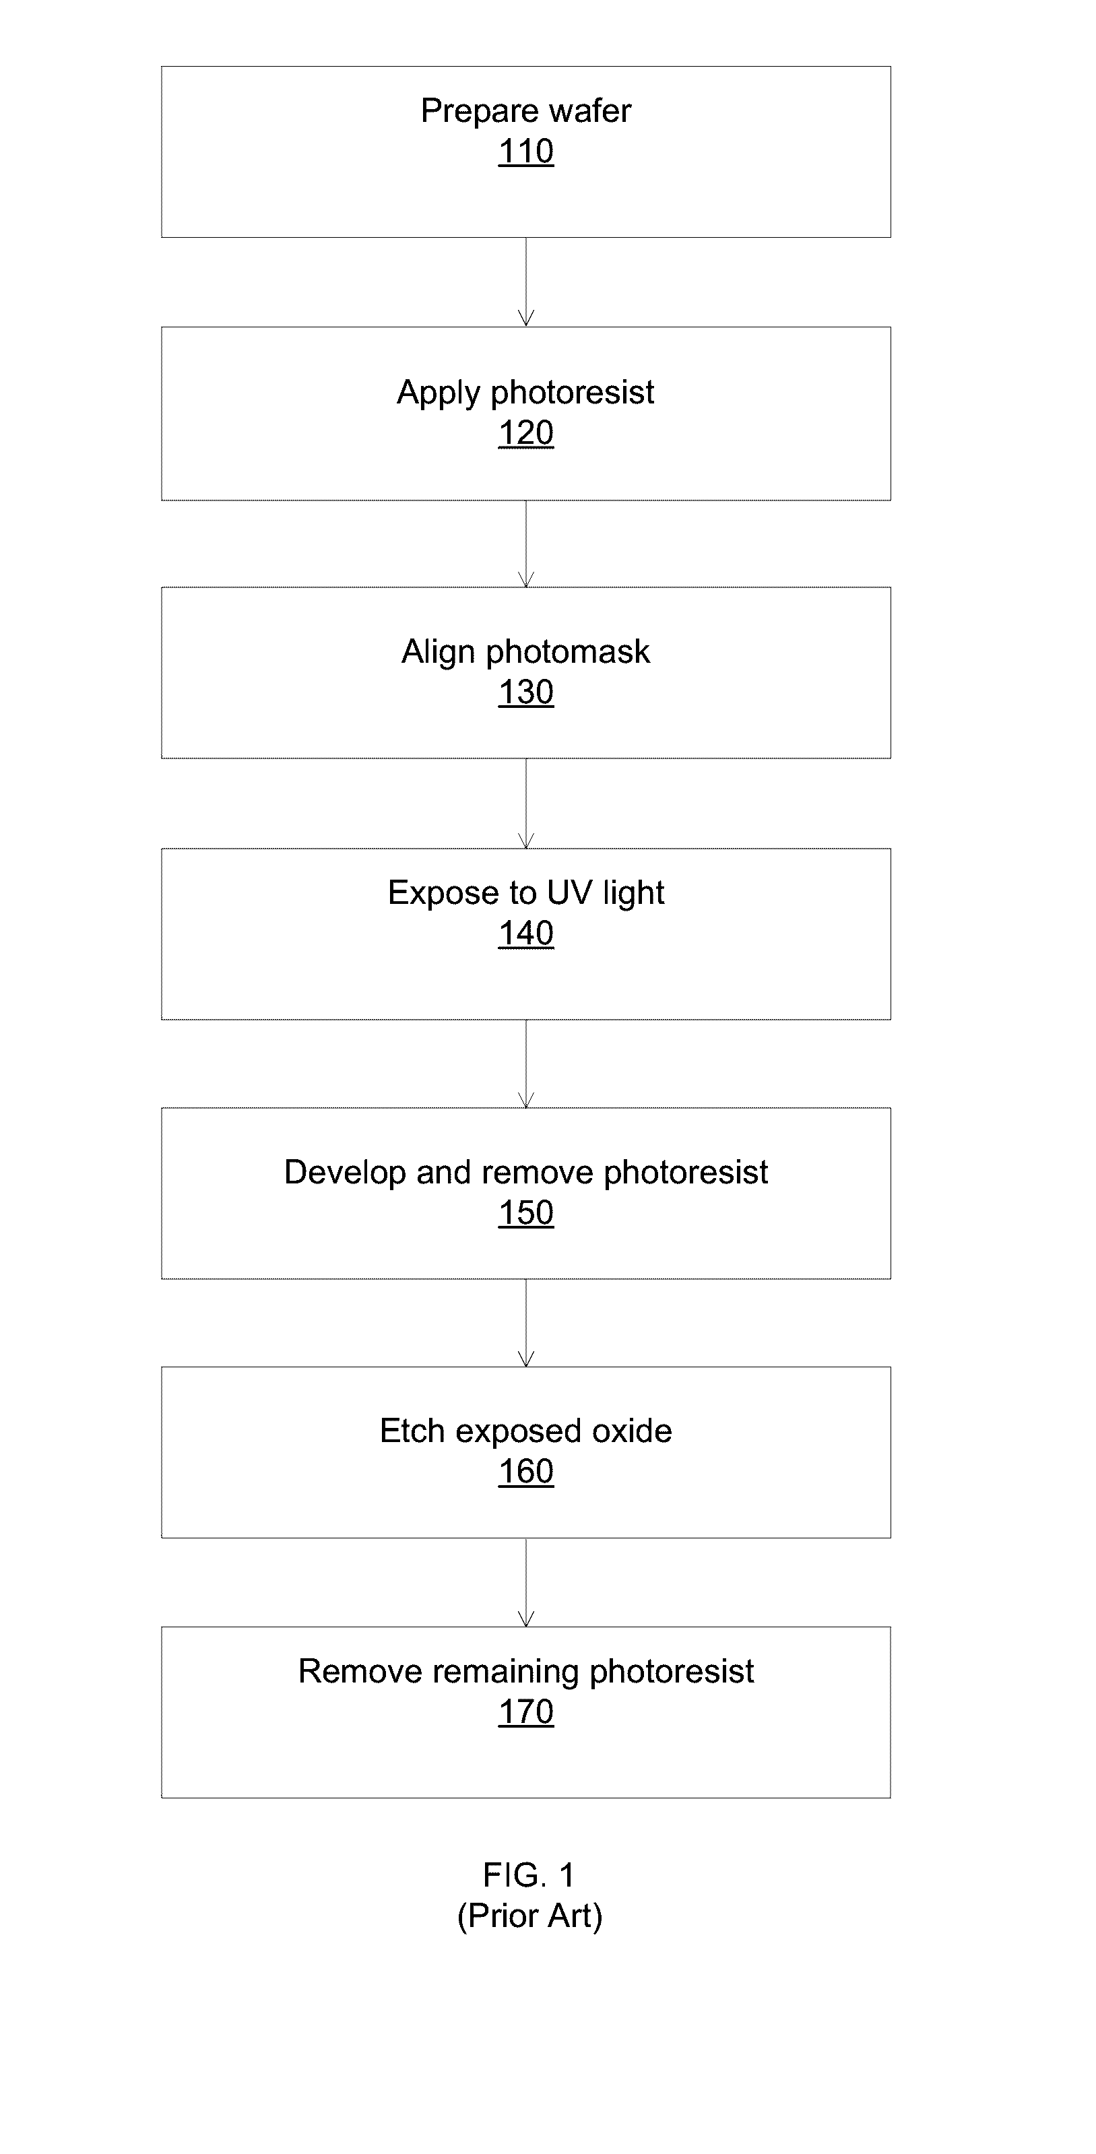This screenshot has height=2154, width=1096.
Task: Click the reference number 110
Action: [526, 152]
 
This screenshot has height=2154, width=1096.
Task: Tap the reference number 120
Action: [526, 433]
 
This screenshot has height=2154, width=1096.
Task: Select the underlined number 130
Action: [526, 692]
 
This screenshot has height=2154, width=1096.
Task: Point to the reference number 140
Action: [526, 933]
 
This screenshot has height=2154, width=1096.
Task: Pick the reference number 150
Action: [526, 1212]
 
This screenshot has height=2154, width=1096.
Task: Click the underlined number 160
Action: [526, 1471]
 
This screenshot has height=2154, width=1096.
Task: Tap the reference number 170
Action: [526, 1711]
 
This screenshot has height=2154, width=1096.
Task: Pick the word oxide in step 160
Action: [632, 1431]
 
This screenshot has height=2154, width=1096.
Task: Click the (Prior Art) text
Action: [530, 1916]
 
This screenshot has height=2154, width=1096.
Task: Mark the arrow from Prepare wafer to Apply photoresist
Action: [526, 282]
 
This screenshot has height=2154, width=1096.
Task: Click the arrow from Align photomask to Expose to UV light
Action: [526, 804]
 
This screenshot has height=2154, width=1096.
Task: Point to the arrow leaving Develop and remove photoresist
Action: [526, 1323]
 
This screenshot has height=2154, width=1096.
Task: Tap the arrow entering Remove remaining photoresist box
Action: [526, 1582]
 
